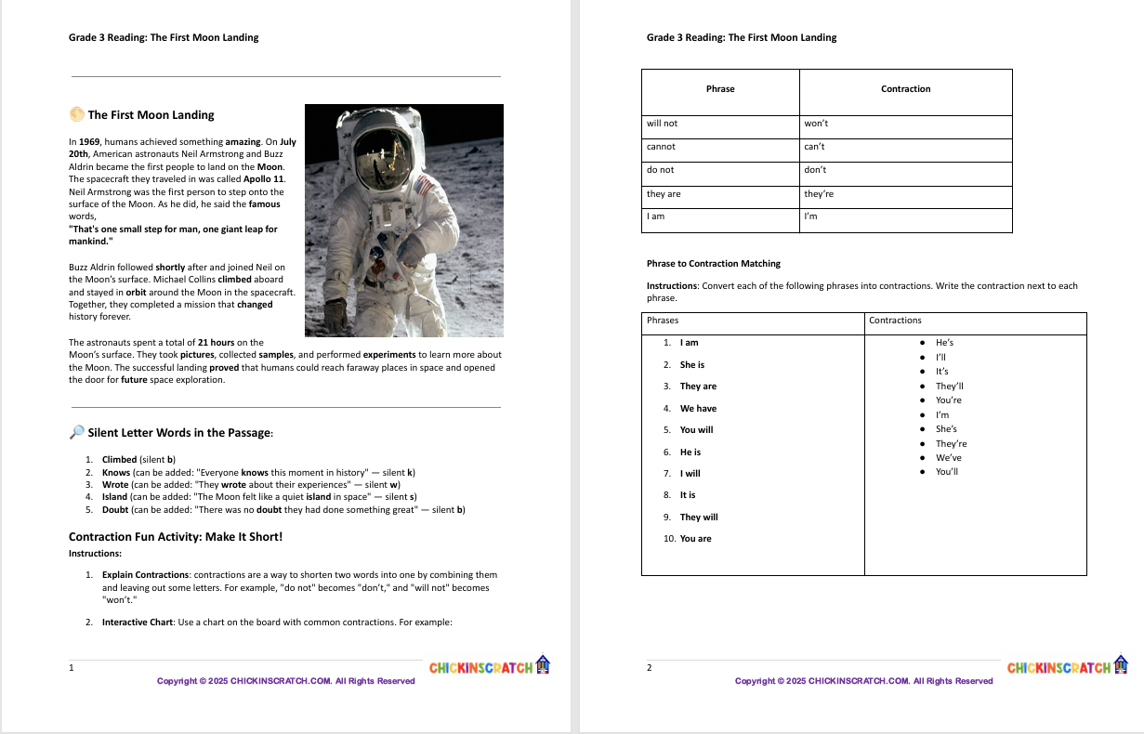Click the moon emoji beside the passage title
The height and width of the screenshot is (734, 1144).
[76, 114]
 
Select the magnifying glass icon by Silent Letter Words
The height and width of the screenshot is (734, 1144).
[76, 432]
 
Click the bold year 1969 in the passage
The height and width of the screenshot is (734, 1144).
[89, 142]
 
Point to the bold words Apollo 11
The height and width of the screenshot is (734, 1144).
[264, 178]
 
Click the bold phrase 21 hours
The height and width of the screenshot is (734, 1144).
[216, 343]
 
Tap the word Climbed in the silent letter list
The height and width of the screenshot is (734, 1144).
[119, 460]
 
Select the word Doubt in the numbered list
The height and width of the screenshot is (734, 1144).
[115, 510]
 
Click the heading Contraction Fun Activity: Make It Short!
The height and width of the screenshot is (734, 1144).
[175, 537]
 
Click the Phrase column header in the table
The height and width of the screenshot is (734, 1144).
[720, 89]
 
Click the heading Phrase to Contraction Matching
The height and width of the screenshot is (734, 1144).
[713, 264]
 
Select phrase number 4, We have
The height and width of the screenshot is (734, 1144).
[698, 409]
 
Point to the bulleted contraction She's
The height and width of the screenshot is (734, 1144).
[946, 429]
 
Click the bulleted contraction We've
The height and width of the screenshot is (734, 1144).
[948, 458]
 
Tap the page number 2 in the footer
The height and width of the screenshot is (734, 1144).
[650, 668]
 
